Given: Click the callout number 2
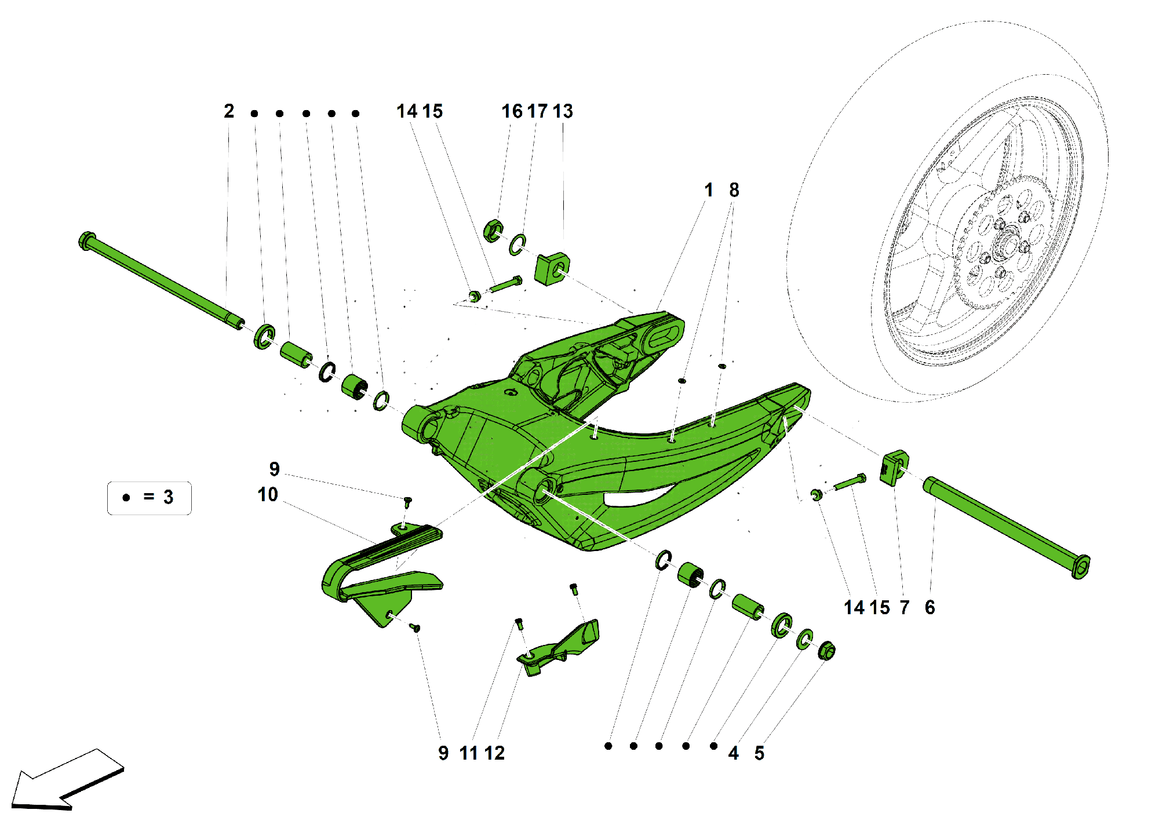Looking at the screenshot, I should [x=229, y=111].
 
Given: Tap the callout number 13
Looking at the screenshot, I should [x=563, y=111].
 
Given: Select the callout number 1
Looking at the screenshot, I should [x=708, y=190].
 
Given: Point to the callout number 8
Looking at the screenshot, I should [x=734, y=190].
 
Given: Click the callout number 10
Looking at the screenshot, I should [x=268, y=495].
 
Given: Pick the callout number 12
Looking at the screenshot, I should [x=494, y=753].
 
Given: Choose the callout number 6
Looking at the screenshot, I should [x=930, y=607].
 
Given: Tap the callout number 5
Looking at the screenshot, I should [x=759, y=753].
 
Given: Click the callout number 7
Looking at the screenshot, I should [x=905, y=607].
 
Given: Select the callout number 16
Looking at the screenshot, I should [x=512, y=111].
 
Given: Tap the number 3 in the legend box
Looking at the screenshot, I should [x=168, y=497].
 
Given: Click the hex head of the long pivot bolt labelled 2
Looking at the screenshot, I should [x=87, y=240].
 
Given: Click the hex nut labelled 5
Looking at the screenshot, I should [x=826, y=651].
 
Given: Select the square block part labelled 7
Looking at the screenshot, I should [x=894, y=468].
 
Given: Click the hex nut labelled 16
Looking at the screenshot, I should [x=493, y=231].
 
